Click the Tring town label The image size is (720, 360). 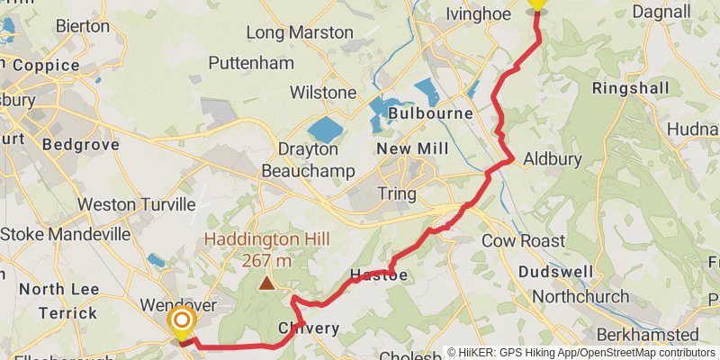coord(396,193)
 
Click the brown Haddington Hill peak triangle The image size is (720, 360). coord(267,284)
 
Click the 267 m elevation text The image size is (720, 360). coord(266,261)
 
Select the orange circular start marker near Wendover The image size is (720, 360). coord(182,321)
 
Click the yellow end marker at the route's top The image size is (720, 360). coord(537,4)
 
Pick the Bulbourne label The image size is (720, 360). coord(431,114)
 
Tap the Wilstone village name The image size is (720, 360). coord(322,93)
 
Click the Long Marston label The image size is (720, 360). coord(299,32)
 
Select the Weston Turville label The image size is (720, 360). coord(136,204)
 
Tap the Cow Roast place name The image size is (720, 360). coord(523,240)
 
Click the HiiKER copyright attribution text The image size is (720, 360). coord(581,353)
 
